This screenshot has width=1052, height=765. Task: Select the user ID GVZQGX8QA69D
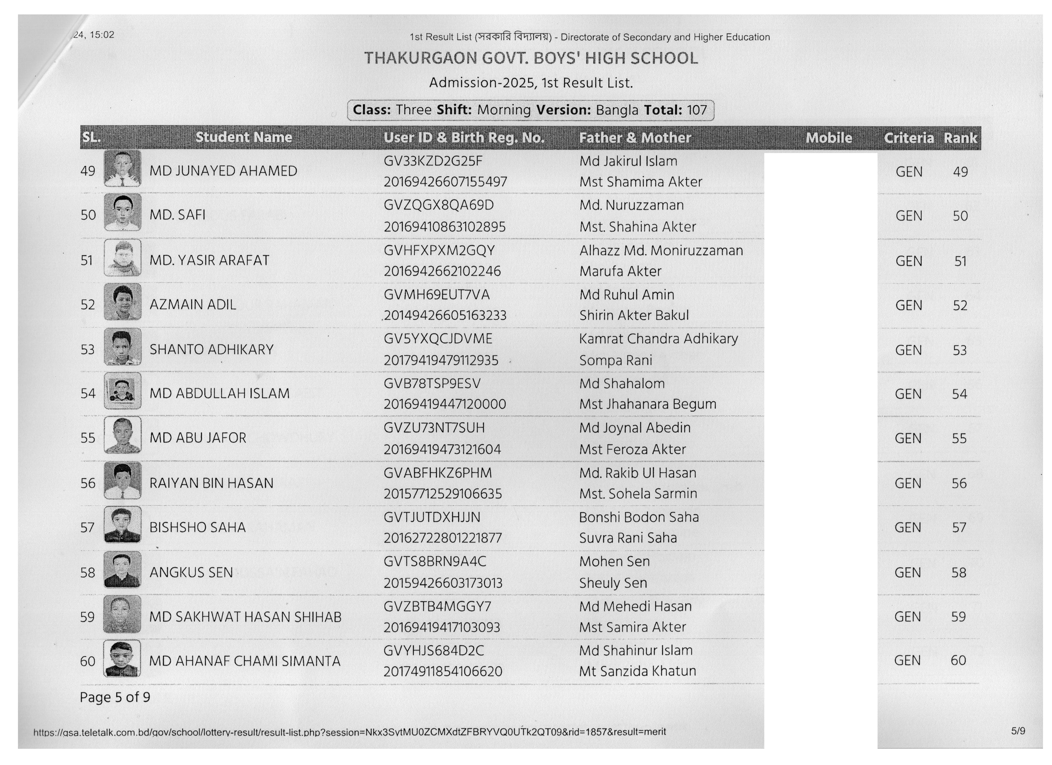[438, 205]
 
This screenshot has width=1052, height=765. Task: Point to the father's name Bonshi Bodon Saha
[639, 517]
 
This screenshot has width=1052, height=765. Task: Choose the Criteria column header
[908, 138]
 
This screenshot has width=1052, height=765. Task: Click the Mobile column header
[828, 138]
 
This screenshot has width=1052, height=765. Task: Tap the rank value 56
[959, 483]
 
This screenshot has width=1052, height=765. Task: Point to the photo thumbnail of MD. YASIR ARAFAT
[123, 258]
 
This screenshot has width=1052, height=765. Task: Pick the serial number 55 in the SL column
[88, 438]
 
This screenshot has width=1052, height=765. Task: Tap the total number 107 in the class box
[697, 110]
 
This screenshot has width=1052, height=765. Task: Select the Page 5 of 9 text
[114, 697]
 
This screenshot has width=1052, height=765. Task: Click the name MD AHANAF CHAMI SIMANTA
[245, 661]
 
